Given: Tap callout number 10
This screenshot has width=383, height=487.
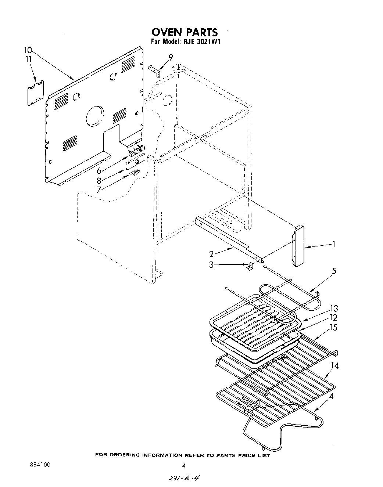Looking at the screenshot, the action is coord(28,50).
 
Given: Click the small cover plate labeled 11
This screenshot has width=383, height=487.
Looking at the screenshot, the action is coord(36,93).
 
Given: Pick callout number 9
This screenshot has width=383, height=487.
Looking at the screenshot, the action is coord(170,57).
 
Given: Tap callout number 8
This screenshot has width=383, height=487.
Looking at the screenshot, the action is coord(99,180).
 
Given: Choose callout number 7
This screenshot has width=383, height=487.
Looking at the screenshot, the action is coord(99,190).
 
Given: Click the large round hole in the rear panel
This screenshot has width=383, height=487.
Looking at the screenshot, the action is coord(94,116).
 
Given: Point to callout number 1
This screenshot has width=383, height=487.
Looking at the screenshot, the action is coord(333,244).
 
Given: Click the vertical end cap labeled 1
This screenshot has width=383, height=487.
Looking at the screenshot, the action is coord(299,245).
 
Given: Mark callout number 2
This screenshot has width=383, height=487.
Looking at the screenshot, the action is coord(211,254).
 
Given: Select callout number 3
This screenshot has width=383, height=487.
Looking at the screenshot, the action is coord(211,264).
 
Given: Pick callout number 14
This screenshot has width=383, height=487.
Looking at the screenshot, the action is coord(334,365).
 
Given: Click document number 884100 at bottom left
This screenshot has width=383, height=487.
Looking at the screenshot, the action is coord(39,465).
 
